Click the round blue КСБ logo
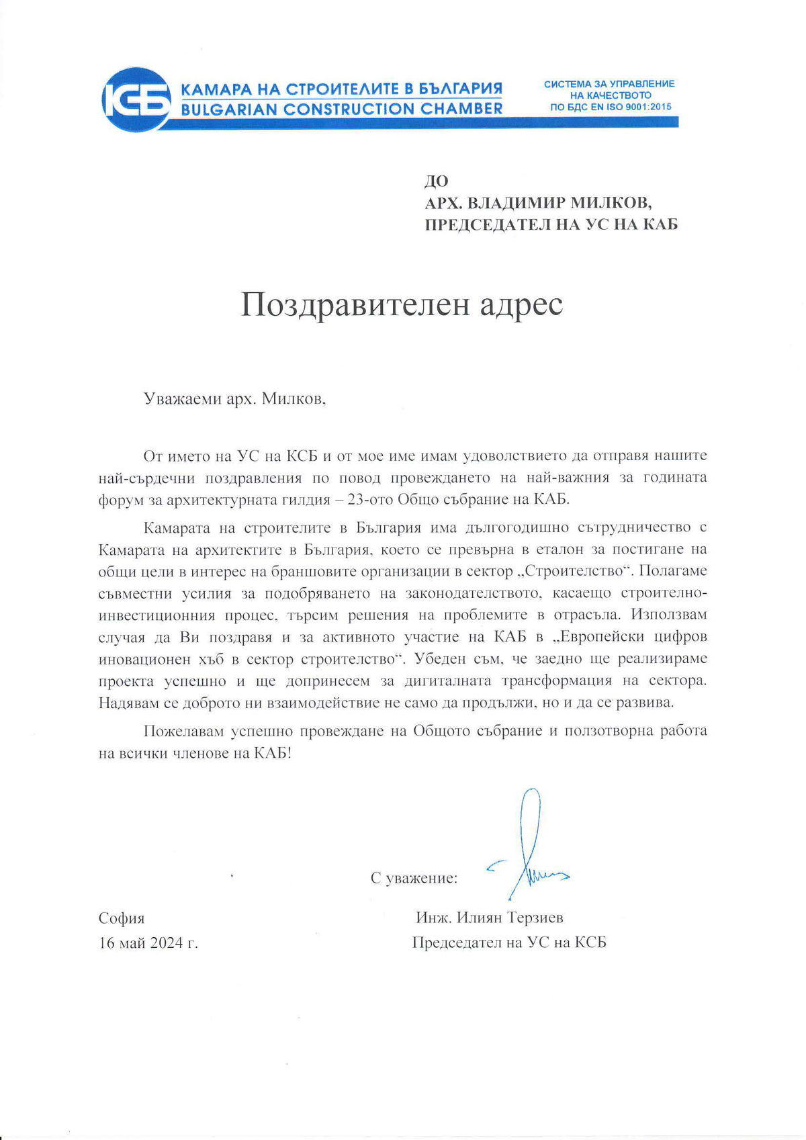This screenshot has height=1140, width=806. point(136,99)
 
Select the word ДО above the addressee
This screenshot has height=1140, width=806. point(437,181)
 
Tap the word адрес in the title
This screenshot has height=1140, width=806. point(520,305)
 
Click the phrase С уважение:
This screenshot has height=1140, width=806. point(414,878)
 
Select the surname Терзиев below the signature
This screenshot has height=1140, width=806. point(535,918)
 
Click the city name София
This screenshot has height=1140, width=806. point(122,918)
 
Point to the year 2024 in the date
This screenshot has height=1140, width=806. point(167,943)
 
